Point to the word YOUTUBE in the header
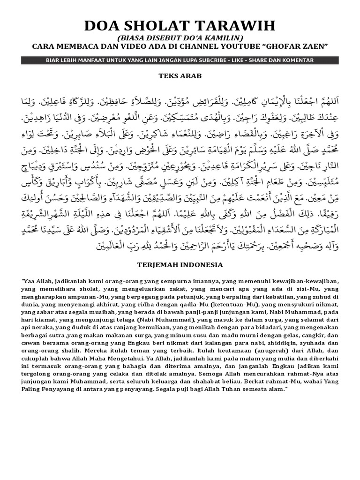240,46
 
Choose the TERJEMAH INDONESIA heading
180,265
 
